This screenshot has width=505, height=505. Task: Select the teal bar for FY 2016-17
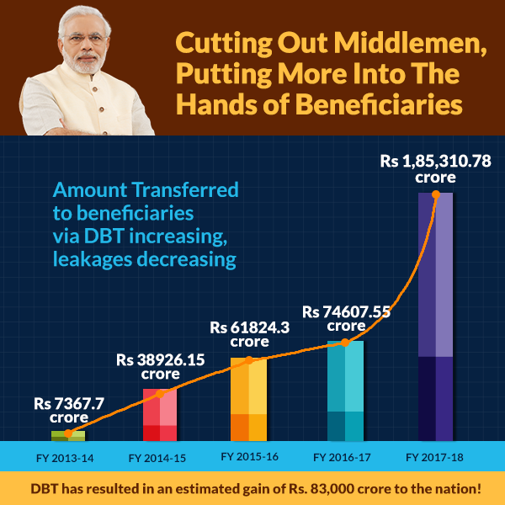click(345, 391)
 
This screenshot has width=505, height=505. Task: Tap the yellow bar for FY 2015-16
click(248, 399)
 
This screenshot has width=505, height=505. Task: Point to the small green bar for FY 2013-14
click(68, 435)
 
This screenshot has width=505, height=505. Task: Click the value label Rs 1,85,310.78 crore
click(435, 169)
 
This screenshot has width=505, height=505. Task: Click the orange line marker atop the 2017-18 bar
click(435, 194)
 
